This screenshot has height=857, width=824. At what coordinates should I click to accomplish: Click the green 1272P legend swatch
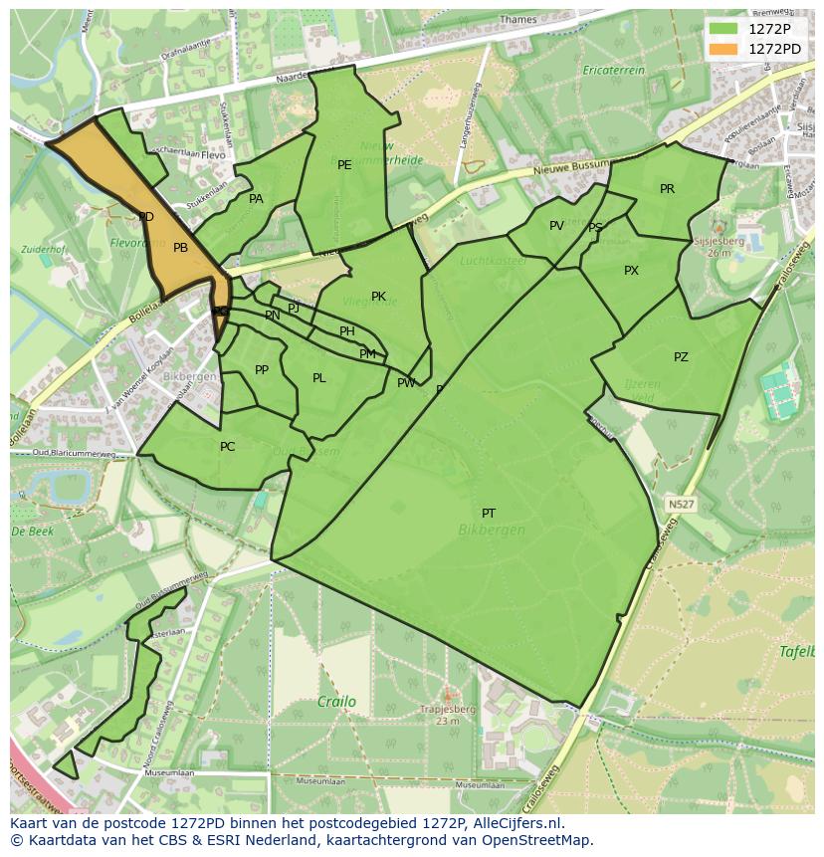tap(723, 29)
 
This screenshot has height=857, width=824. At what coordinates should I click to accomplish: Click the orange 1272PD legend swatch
tap(723, 49)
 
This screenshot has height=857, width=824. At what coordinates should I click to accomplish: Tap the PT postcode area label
tap(489, 514)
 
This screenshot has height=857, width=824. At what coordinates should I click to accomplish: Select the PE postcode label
tap(344, 165)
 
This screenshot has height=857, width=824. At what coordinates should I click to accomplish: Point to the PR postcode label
tap(667, 189)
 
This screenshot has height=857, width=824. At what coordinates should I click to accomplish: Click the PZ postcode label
tap(681, 357)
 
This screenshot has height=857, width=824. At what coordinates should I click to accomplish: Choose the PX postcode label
tap(631, 271)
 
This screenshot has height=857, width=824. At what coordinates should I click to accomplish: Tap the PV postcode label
tap(556, 226)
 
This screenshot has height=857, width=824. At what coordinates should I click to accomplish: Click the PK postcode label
tap(378, 297)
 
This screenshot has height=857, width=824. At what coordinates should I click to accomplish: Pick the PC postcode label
tap(228, 447)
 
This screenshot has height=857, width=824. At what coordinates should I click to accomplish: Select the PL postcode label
tap(319, 378)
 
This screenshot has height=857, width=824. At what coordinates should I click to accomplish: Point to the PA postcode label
tap(256, 199)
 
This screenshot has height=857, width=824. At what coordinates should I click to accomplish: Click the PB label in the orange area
tap(180, 248)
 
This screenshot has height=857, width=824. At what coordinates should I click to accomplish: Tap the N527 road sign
tap(681, 505)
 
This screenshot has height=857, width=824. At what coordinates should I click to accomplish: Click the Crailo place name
tap(336, 702)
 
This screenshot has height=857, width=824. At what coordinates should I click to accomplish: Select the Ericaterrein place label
tap(614, 71)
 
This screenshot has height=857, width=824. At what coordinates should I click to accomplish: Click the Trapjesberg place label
tap(447, 709)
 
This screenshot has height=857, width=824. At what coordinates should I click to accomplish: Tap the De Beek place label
tap(32, 532)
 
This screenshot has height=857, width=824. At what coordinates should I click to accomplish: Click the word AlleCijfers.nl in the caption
tap(516, 823)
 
